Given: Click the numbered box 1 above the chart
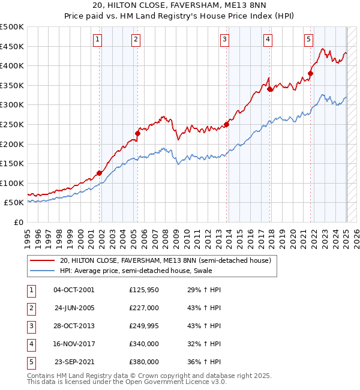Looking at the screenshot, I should (97, 40).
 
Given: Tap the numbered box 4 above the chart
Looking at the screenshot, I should (268, 40).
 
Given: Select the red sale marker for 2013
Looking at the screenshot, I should (227, 125).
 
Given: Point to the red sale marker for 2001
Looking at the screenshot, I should (100, 173).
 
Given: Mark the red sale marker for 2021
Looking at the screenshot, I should (311, 74).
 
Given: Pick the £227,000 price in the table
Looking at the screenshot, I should (143, 308).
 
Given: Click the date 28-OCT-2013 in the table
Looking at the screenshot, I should (74, 326).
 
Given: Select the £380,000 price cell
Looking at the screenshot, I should (143, 362).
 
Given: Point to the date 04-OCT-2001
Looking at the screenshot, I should (74, 290).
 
